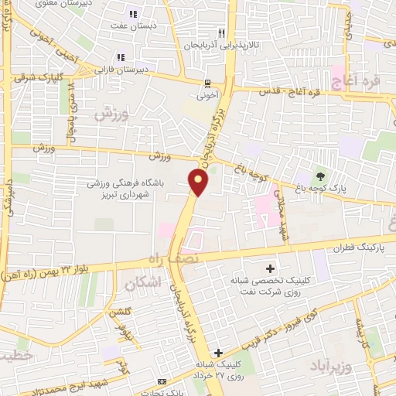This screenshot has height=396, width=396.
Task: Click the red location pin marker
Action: (199, 183)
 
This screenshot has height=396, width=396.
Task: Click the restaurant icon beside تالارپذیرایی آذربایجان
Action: (222, 34)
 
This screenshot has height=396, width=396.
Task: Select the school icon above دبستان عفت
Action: (132, 14)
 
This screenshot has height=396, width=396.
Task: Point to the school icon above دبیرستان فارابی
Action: (120, 57)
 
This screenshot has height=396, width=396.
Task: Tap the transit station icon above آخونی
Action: (207, 84)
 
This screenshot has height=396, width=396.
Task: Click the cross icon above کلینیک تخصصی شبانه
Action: (269, 269)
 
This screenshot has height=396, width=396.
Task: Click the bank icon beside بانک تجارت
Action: (161, 381)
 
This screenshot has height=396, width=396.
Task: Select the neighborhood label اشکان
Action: (145, 283)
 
